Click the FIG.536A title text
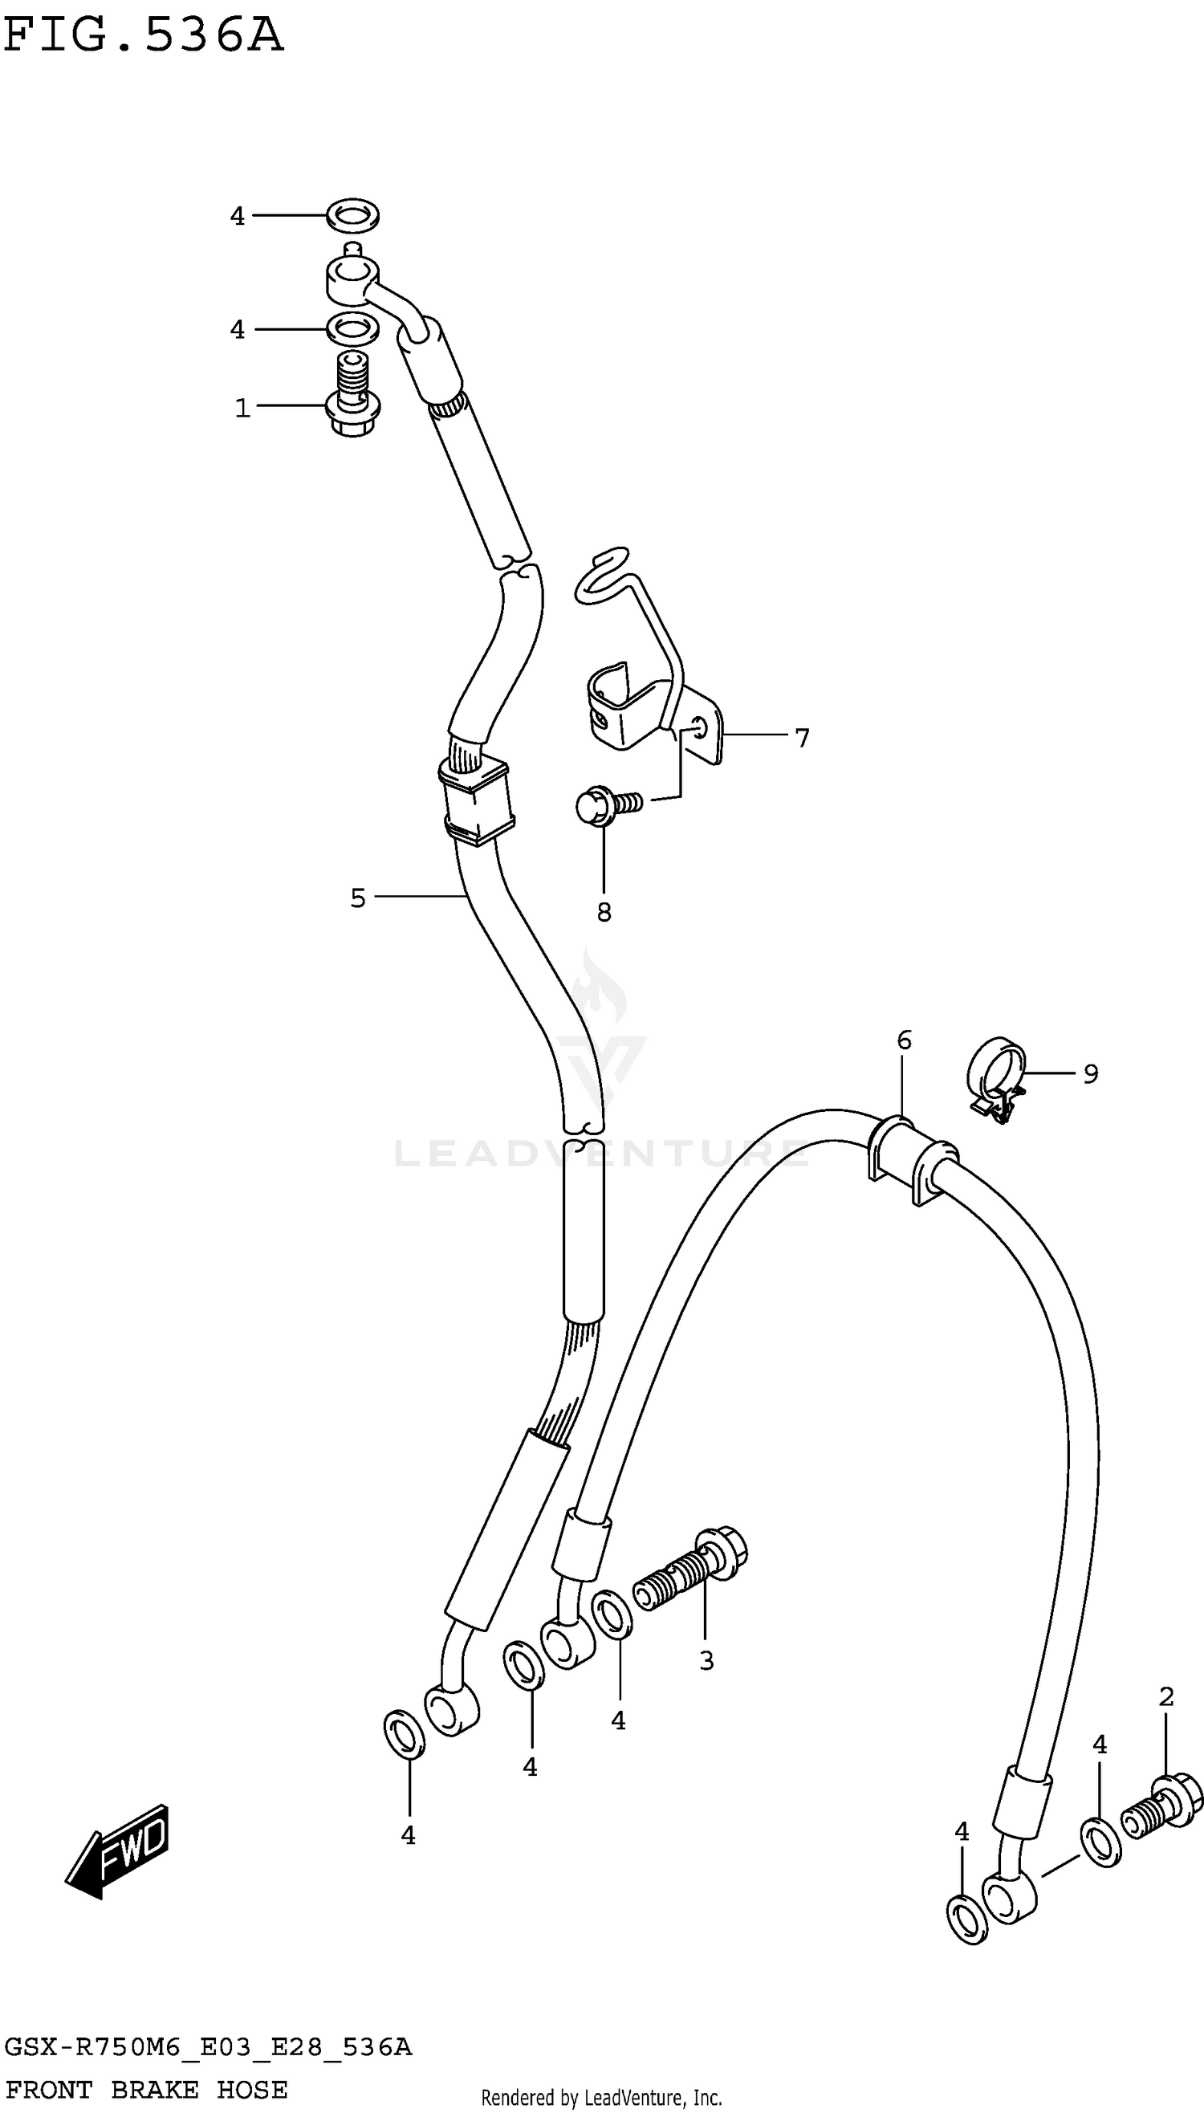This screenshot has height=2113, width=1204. [143, 36]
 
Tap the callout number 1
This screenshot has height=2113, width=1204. [242, 408]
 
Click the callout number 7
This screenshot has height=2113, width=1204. [801, 737]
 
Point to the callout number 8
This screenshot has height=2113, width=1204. [604, 912]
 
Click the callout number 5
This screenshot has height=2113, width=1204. [357, 898]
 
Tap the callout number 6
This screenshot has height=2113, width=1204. [904, 1040]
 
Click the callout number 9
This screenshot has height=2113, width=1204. [1091, 1073]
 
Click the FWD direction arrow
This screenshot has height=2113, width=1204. [118, 1849]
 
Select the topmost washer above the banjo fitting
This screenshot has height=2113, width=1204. [353, 215]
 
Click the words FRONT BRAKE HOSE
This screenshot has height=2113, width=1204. [146, 2089]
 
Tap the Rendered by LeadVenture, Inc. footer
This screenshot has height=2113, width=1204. [601, 2097]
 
